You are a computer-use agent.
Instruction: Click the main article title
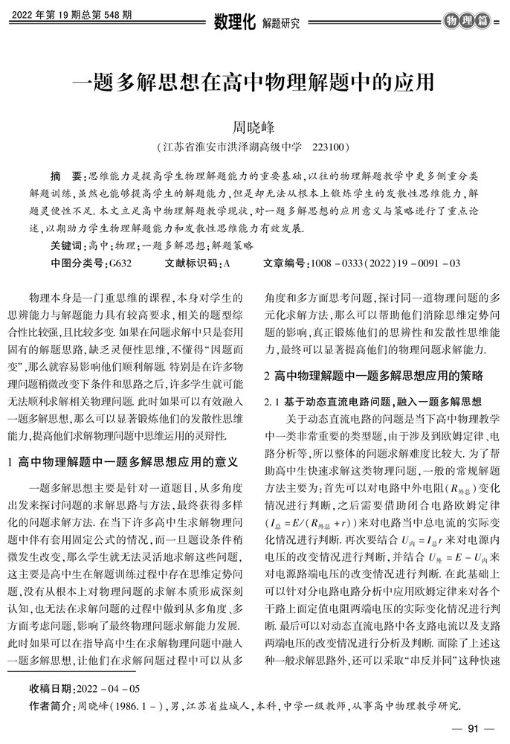254,80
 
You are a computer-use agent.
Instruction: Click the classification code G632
120,263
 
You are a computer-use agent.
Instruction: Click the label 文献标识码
190,263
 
